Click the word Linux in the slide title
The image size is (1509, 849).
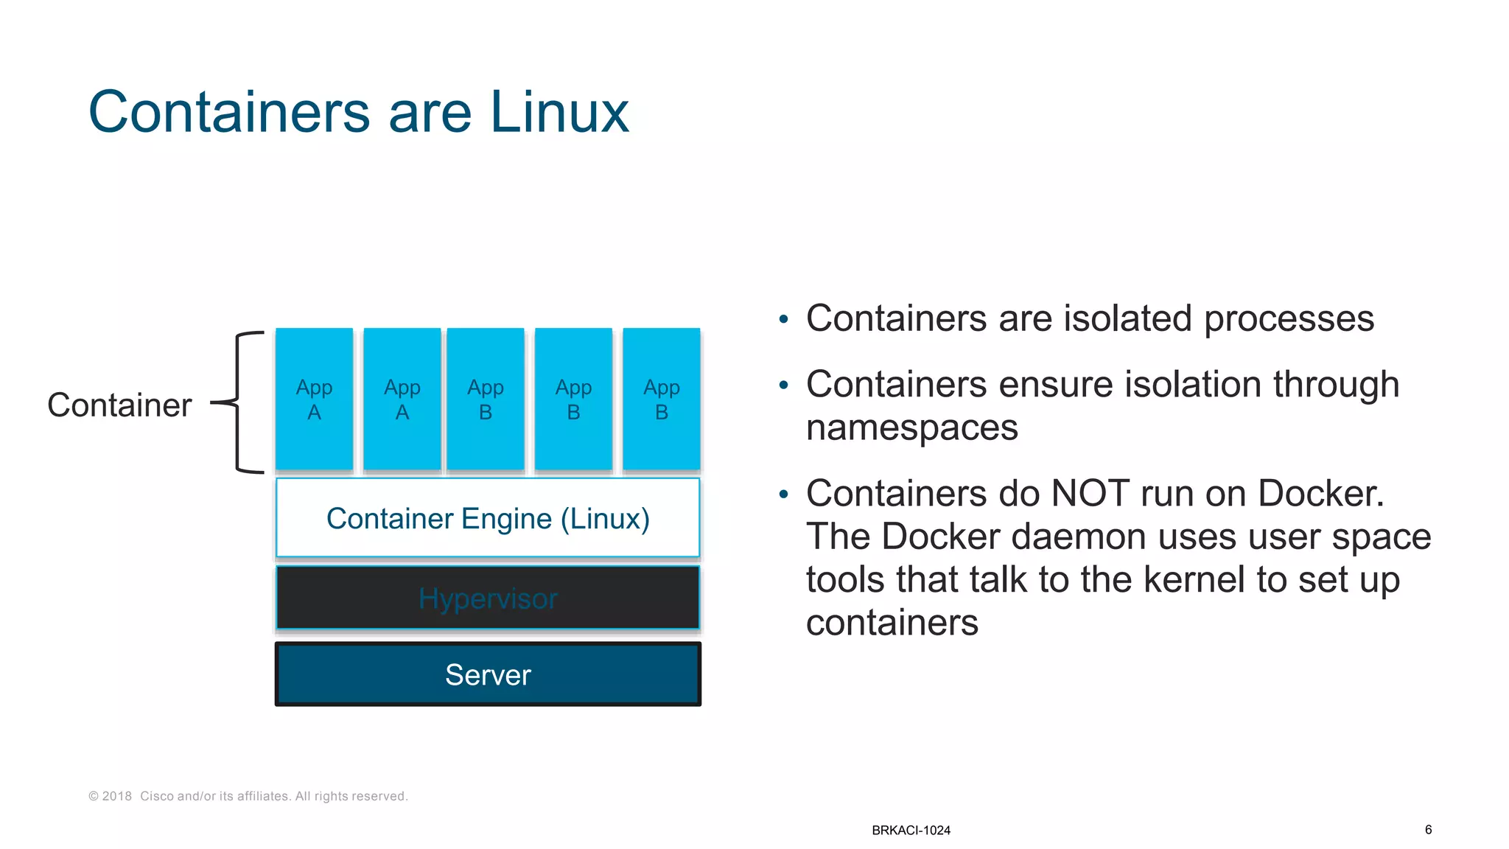(559, 112)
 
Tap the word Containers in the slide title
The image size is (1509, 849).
(229, 112)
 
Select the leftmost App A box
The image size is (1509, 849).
(314, 399)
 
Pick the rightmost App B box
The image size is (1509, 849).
(661, 399)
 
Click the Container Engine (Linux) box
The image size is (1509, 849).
(488, 518)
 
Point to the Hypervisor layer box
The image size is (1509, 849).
(488, 598)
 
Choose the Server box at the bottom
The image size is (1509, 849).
(488, 674)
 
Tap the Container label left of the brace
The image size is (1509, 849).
(119, 405)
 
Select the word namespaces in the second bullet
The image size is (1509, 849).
(912, 427)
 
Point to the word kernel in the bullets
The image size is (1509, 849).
(1193, 579)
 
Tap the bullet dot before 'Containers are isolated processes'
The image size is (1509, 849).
(784, 320)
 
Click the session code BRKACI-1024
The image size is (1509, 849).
(911, 830)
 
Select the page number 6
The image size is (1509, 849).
(1428, 829)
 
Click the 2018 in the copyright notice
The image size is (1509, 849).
(116, 796)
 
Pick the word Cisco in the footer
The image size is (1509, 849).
(157, 796)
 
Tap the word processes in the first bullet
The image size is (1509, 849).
(1289, 318)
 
